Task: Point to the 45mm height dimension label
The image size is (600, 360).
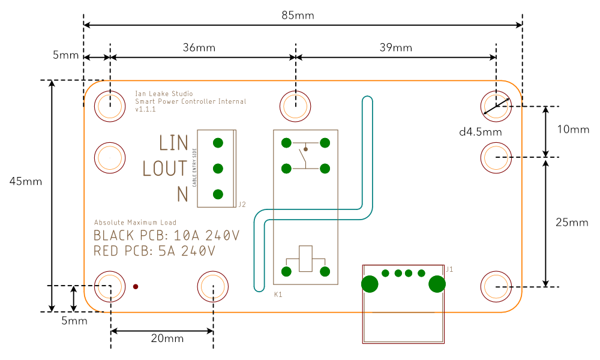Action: tap(26, 181)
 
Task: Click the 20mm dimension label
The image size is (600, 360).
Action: tap(167, 338)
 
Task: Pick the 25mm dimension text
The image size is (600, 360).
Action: tap(572, 223)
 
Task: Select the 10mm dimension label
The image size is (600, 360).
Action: tap(573, 129)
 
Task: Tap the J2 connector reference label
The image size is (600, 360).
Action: tap(242, 205)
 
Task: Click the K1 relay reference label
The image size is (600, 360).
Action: tap(278, 295)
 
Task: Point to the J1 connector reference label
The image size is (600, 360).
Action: tap(449, 269)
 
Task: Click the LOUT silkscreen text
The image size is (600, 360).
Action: tap(165, 169)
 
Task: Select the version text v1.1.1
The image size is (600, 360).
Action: tap(146, 110)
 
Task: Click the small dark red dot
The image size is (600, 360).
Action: tap(136, 287)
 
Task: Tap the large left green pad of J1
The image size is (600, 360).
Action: tap(370, 284)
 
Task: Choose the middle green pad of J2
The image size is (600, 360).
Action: tap(218, 169)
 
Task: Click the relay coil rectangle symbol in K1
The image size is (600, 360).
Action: tap(306, 259)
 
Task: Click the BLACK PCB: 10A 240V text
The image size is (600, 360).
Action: tap(167, 235)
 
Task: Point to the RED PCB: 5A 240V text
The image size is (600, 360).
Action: tap(155, 251)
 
